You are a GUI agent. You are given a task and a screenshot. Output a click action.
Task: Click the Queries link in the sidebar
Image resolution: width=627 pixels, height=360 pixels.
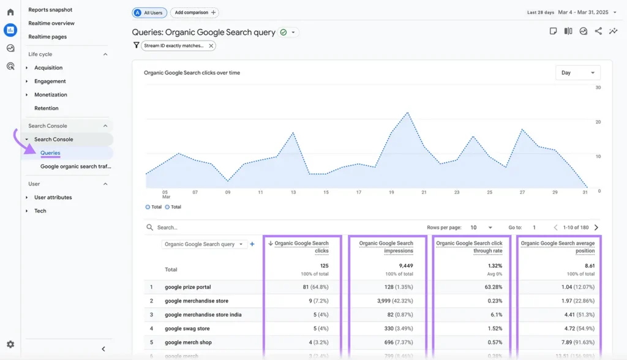(50, 153)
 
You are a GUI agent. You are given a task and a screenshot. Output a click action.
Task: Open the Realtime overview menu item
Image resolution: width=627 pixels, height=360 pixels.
(51, 23)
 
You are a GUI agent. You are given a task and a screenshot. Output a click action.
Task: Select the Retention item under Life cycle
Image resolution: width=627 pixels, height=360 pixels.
(47, 108)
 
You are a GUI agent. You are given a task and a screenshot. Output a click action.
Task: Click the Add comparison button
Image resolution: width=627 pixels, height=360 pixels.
(195, 12)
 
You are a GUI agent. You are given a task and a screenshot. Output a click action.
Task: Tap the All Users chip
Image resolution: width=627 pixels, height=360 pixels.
(149, 12)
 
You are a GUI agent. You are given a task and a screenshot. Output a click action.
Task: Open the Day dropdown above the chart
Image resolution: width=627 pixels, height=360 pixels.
(577, 73)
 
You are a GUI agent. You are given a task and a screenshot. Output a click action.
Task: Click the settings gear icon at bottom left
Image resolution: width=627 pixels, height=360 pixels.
(10, 345)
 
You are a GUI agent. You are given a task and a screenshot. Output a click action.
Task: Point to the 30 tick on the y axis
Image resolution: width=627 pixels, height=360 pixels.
(598, 88)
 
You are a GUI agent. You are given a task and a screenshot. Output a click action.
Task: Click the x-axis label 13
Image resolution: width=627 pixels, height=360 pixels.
(293, 192)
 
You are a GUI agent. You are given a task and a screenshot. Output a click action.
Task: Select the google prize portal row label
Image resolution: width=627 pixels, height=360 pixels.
(188, 287)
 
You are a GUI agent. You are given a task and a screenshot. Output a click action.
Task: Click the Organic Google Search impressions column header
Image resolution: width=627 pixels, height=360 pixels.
(386, 247)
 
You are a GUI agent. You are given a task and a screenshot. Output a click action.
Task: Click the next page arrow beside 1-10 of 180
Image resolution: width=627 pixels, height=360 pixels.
(596, 228)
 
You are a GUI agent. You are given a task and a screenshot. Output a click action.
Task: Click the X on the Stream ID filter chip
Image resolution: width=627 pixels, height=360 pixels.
(211, 45)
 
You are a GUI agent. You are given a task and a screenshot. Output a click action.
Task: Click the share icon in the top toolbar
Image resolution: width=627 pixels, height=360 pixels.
(598, 31)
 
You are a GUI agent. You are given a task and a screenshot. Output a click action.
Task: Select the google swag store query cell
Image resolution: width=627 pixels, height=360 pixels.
(187, 329)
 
